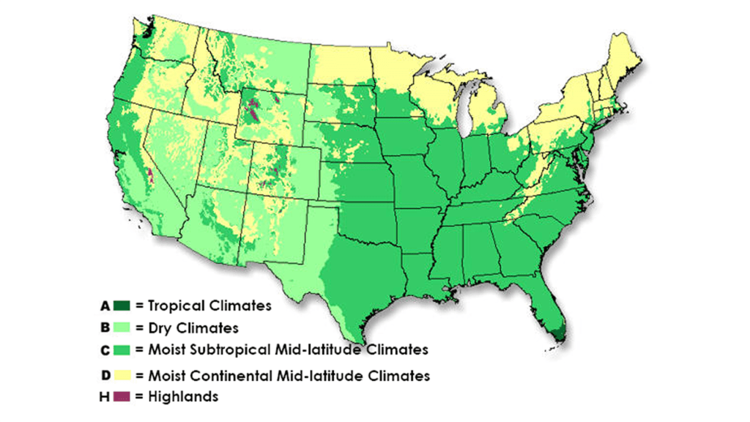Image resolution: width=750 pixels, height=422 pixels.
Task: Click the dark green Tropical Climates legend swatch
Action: [122, 305]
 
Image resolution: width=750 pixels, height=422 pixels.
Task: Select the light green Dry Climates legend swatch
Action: [122, 327]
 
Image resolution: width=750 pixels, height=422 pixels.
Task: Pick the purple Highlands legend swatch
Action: [122, 396]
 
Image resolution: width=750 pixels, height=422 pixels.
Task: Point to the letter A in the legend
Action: [106, 305]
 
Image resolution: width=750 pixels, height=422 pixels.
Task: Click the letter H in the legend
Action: [106, 396]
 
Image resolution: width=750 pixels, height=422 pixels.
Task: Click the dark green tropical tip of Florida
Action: [559, 333]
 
